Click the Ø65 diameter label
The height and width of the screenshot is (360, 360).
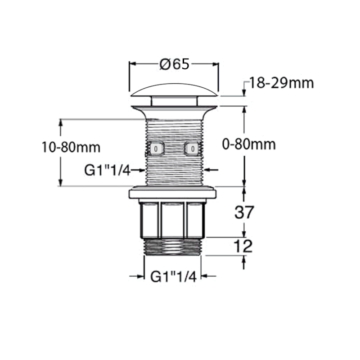(174, 64)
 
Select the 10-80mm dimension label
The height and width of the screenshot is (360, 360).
(70, 147)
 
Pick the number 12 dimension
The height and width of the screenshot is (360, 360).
(243, 247)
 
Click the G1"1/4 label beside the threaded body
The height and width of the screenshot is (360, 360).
(107, 170)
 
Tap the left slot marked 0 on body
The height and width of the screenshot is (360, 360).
(156, 148)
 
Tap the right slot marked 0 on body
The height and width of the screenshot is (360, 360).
(193, 148)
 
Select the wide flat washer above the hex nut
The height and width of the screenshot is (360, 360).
(174, 194)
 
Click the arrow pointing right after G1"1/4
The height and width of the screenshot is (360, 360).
(139, 170)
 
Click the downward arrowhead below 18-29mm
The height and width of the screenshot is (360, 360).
(244, 92)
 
